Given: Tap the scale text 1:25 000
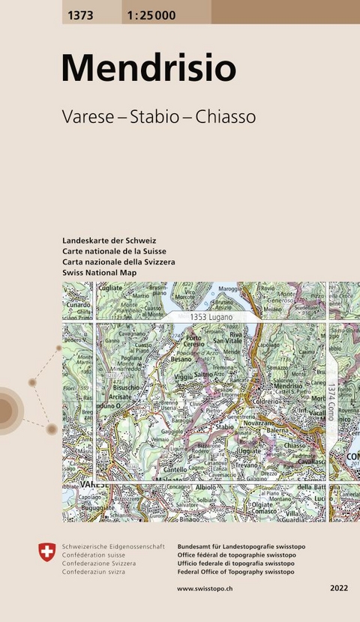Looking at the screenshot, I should pos(152,15).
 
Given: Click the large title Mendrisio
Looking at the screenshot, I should pos(148,68).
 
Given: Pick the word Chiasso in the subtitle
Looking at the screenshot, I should pos(226,117).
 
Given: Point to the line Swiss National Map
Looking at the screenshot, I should pos(100,273).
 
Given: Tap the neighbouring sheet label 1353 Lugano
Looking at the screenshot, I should pos(211,318).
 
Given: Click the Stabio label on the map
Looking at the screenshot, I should pos(226,426).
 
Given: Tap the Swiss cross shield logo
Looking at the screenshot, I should pos(46,552).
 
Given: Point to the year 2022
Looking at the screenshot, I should pos(339,589).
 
